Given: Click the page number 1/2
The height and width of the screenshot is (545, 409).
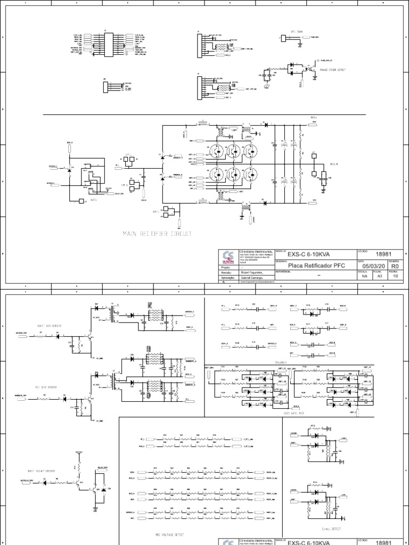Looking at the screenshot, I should (x=395, y=277).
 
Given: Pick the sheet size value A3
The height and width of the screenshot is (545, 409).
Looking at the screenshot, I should (x=380, y=277).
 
